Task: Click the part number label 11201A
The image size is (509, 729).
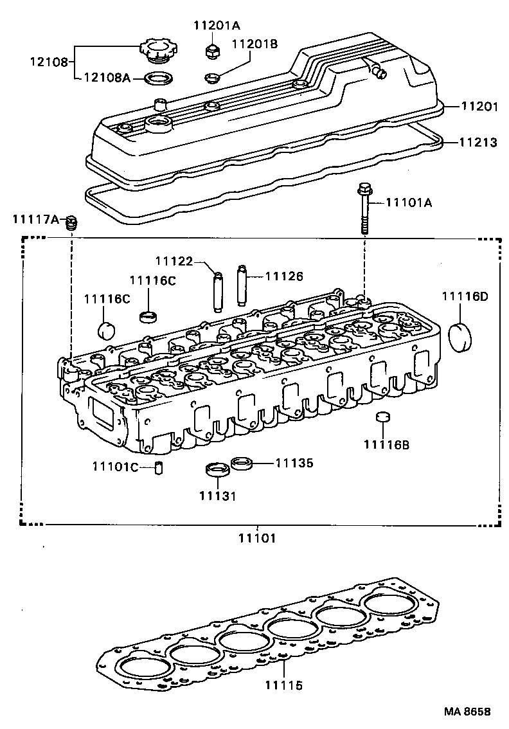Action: tap(217, 26)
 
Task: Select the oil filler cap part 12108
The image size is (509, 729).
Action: tap(156, 52)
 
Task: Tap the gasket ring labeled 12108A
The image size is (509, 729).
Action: tap(159, 79)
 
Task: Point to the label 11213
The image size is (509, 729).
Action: tap(478, 142)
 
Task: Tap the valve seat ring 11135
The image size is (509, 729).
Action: tap(242, 463)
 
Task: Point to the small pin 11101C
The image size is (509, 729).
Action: tap(160, 467)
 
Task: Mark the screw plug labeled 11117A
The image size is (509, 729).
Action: tap(72, 222)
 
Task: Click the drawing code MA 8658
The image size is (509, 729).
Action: tap(466, 712)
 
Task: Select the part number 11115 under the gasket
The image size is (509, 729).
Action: tap(283, 686)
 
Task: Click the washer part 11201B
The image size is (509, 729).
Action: tap(211, 79)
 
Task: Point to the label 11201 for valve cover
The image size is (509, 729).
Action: tap(478, 107)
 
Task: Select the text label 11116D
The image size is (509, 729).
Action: tap(464, 296)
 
